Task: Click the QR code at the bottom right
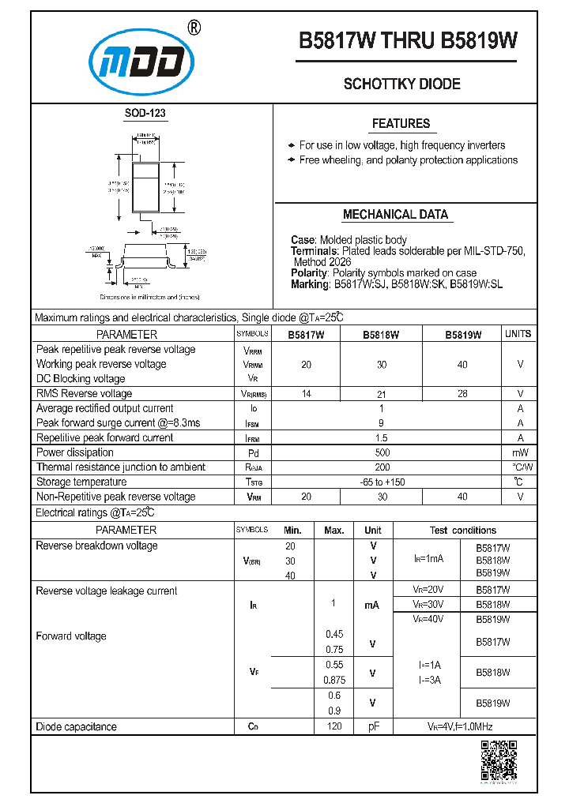tap(499, 761)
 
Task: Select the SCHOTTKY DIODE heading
tap(401, 84)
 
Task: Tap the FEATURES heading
tap(401, 123)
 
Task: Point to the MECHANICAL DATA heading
tap(395, 214)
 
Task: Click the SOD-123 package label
tap(145, 113)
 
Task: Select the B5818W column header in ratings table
tap(381, 335)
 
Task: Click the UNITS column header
tap(518, 334)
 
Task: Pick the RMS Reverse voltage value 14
tap(306, 393)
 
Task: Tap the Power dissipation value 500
tap(382, 452)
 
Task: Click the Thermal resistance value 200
tap(382, 467)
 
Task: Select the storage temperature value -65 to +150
tap(382, 482)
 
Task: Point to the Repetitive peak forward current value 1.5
tap(382, 438)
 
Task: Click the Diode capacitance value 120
tap(333, 726)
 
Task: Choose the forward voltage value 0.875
tap(333, 680)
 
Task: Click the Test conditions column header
tap(463, 531)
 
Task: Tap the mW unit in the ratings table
tap(519, 452)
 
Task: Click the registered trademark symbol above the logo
tap(194, 28)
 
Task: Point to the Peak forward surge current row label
tap(118, 423)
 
